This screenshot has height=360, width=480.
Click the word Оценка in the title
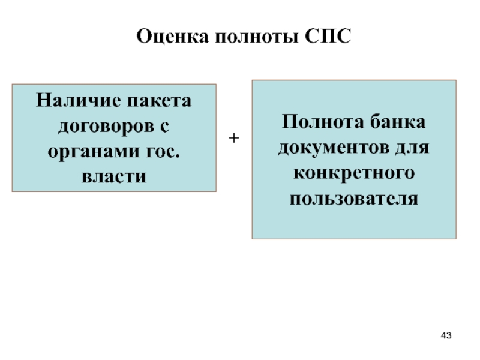168,38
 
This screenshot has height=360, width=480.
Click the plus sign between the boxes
234,138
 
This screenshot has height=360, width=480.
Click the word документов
334,147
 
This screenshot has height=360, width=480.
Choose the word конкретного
354,173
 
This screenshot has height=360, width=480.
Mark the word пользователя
354,198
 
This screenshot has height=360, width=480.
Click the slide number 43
446,334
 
